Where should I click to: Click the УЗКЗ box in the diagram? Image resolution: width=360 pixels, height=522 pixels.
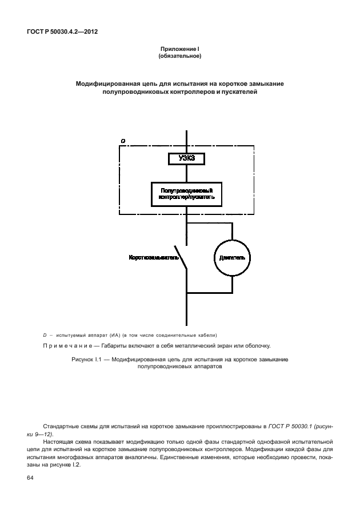tap(186, 159)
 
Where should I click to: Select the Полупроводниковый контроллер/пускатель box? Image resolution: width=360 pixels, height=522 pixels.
tap(186, 194)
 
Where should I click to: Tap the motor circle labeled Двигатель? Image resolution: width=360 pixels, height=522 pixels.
tap(232, 258)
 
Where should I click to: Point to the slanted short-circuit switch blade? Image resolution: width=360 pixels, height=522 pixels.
tap(180, 258)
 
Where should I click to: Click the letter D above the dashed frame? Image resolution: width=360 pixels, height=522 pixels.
tap(123, 141)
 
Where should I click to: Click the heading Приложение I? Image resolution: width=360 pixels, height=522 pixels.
tap(179, 51)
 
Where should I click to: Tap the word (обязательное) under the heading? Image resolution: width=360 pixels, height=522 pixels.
tap(179, 57)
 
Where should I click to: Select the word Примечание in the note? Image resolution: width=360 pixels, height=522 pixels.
tap(70, 346)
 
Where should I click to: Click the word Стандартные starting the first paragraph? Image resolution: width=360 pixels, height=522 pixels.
tap(61, 427)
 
